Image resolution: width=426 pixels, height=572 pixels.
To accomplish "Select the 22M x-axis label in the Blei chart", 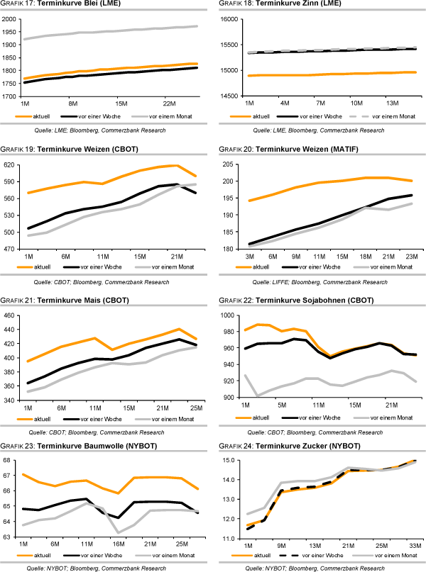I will point(168,103).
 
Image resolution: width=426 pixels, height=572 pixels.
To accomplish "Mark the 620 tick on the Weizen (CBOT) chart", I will point(11,164).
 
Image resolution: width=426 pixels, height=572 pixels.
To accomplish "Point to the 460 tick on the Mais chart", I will point(11,315).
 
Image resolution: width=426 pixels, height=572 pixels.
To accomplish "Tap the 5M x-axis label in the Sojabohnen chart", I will point(282,406).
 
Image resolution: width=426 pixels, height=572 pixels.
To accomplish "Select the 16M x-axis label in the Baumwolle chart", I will point(119,544).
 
